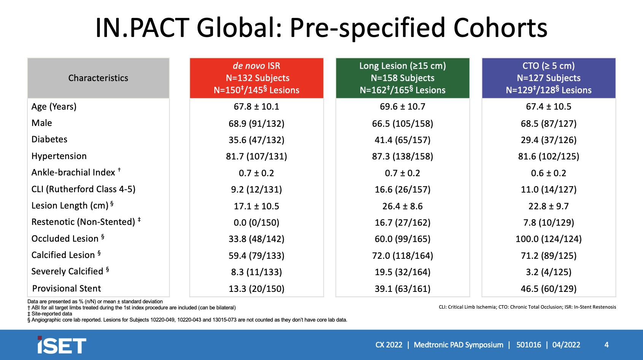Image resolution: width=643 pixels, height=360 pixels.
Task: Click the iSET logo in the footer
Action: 62,345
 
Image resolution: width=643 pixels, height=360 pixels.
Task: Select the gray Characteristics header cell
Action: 98,78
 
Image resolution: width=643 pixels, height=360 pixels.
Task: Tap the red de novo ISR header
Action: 256,78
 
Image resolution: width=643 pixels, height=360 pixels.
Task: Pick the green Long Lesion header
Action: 403,78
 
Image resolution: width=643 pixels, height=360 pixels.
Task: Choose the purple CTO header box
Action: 549,78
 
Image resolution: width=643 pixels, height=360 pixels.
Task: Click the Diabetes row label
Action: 49,139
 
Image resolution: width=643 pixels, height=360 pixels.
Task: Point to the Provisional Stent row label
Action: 67,288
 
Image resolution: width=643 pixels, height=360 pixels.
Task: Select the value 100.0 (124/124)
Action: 549,239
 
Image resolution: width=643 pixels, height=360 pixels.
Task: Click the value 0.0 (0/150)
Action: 256,223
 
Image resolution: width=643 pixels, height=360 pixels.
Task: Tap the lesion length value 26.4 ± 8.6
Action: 403,206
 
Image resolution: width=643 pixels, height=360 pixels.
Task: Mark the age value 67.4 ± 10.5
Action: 549,107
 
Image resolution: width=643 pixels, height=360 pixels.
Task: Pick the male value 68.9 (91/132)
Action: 256,124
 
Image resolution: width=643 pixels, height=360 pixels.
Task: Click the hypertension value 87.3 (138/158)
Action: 403,156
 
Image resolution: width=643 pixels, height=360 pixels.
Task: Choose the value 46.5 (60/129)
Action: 549,289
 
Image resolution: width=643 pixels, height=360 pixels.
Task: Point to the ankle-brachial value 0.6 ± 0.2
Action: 549,173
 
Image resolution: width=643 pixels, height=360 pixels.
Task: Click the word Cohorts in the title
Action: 500,28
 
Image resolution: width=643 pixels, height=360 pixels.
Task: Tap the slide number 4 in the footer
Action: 606,345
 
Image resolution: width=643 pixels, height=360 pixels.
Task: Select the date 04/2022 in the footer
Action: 566,345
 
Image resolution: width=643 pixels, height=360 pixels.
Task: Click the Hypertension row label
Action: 59,156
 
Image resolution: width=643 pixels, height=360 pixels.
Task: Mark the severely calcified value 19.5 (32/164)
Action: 403,272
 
